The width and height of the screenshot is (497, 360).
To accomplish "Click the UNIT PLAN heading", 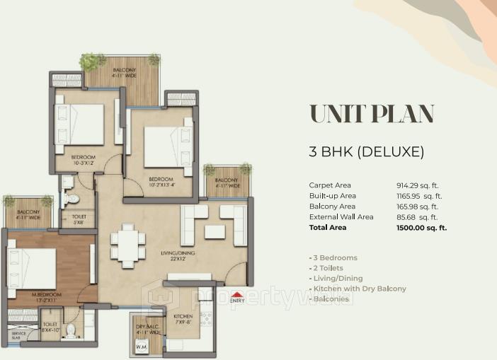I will (372, 113).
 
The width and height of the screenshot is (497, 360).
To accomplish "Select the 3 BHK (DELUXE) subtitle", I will (366, 151).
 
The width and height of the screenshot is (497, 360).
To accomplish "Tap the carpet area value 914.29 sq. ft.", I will (418, 185).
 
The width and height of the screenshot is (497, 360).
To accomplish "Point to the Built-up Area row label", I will (333, 195).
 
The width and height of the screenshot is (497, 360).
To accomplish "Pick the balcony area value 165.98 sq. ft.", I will (418, 207).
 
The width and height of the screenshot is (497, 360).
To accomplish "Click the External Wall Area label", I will (341, 217).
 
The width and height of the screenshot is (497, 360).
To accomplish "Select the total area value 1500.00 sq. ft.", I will (422, 228).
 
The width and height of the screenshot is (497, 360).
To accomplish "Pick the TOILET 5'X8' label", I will (79, 219).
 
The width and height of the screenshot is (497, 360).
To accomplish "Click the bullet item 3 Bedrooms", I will (333, 257).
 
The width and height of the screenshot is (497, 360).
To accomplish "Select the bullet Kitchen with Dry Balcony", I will (358, 289).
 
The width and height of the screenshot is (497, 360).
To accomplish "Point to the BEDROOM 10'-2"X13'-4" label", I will (161, 182).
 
